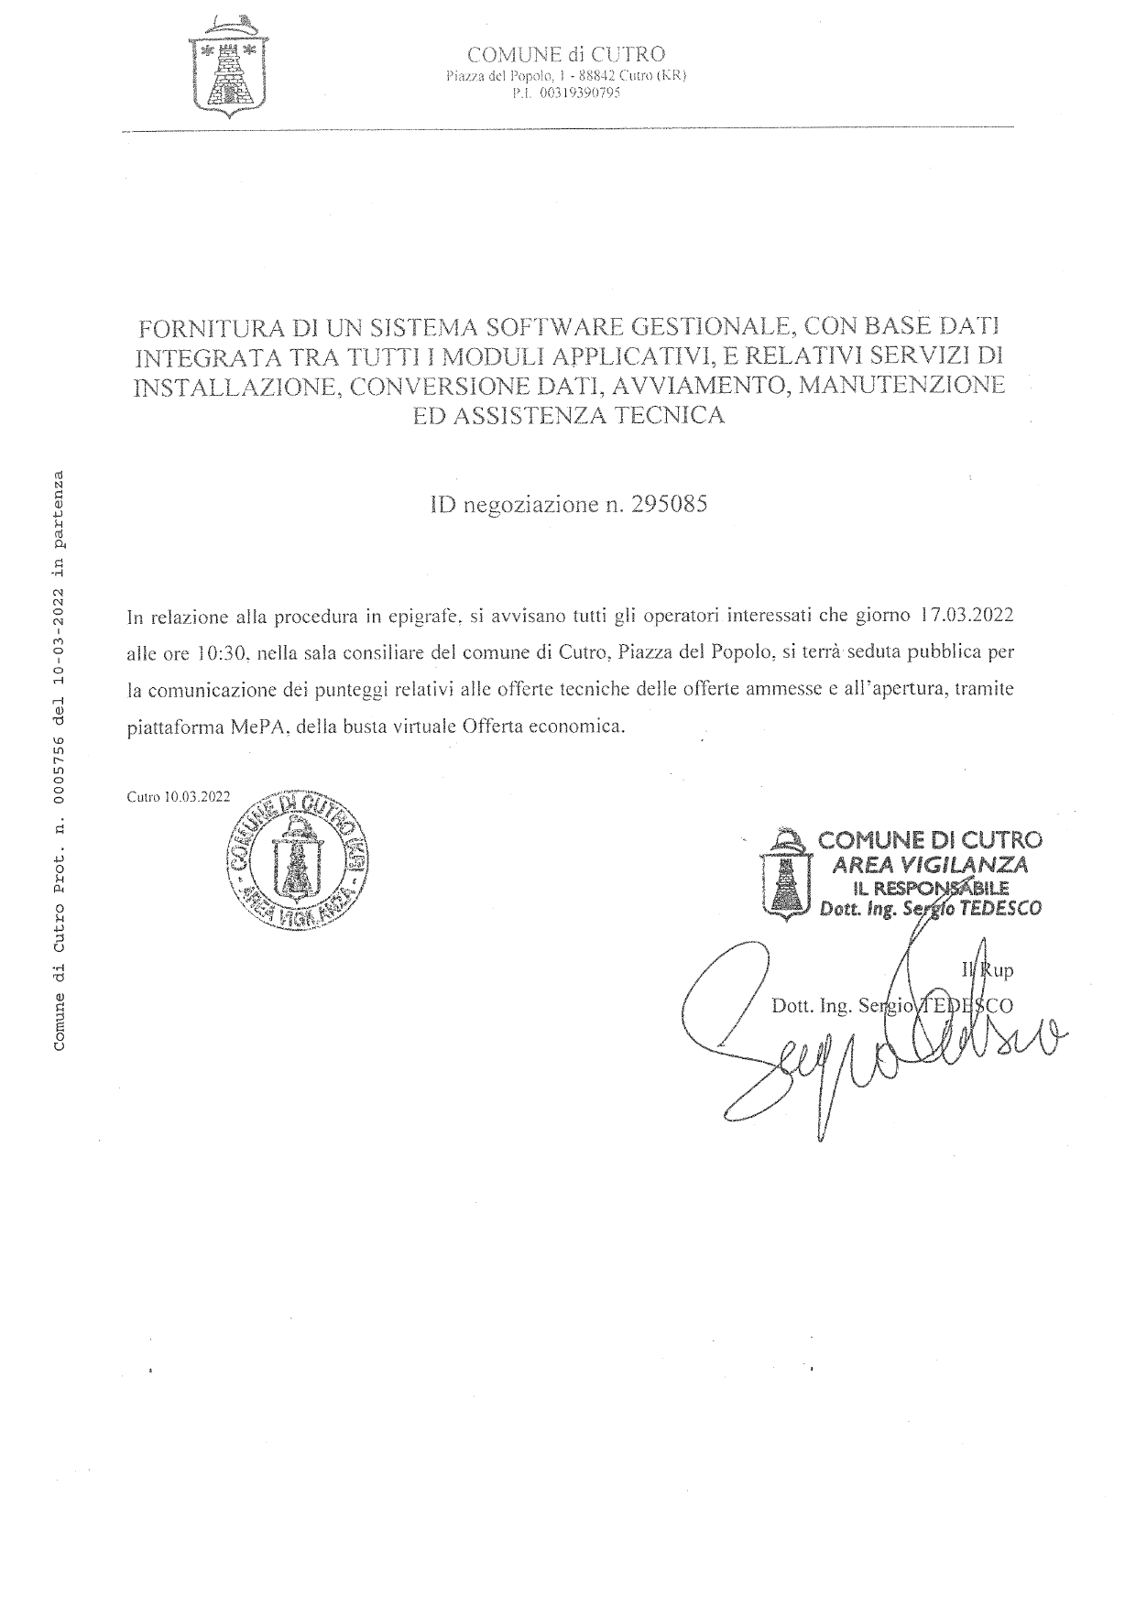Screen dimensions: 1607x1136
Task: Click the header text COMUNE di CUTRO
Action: pos(565,55)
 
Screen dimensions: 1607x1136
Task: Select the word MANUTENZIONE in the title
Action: pos(901,385)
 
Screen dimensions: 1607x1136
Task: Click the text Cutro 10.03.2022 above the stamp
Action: pos(179,797)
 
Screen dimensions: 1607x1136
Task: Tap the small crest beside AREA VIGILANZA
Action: pos(786,873)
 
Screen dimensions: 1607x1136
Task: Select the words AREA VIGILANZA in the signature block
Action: pos(928,864)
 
